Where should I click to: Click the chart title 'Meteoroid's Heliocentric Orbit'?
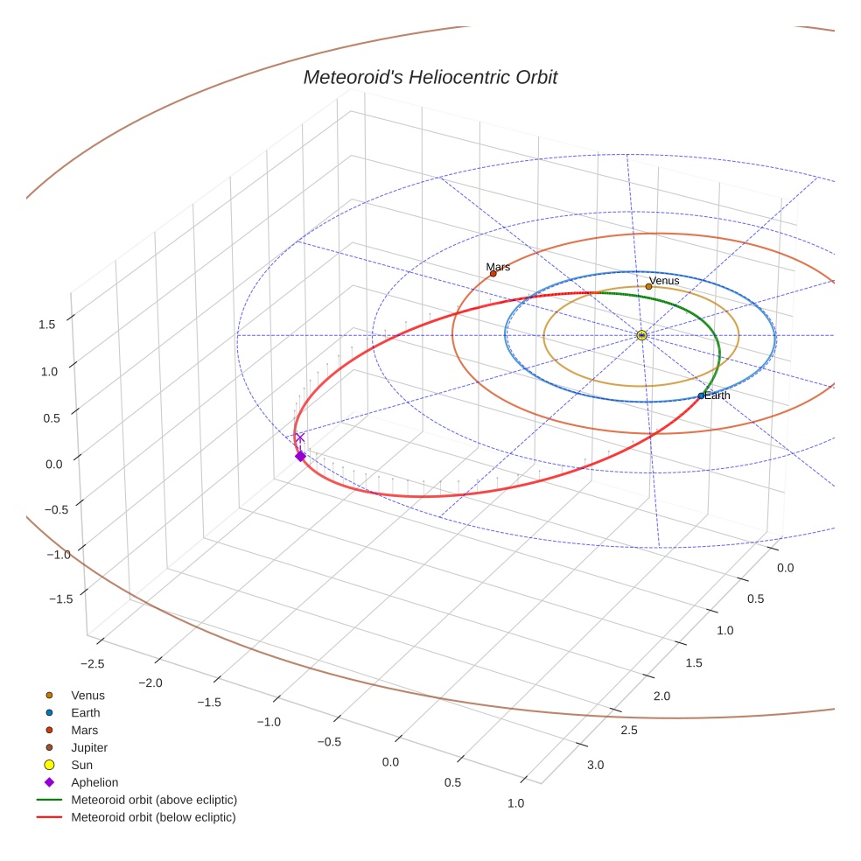[x=430, y=77]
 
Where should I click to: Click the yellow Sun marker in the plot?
[x=641, y=335]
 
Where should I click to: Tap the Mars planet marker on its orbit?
[x=493, y=274]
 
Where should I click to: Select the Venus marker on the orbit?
[x=648, y=286]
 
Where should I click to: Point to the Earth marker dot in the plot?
[x=700, y=396]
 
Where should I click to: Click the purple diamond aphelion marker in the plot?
[x=300, y=456]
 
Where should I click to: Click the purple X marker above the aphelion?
[x=300, y=437]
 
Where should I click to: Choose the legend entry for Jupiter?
[x=88, y=747]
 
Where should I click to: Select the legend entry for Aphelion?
[x=94, y=782]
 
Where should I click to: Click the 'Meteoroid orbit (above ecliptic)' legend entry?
[x=153, y=800]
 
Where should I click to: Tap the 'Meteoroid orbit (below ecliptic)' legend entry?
[x=153, y=817]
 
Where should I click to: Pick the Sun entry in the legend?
[x=83, y=765]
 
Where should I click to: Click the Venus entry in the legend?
[x=87, y=695]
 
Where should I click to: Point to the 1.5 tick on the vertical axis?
[x=47, y=325]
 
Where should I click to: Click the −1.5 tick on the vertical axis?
[x=44, y=598]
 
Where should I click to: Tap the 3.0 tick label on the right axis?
[x=595, y=766]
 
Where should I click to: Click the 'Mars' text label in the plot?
[x=498, y=266]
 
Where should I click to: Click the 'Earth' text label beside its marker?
[x=717, y=395]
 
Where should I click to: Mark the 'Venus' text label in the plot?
[x=664, y=280]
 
